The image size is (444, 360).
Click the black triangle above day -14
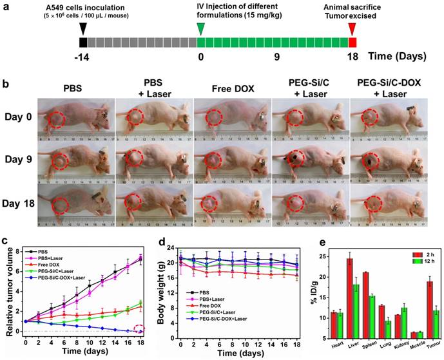[x=82, y=28]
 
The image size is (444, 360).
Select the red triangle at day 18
[x=352, y=28]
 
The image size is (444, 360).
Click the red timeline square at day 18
[x=352, y=42]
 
